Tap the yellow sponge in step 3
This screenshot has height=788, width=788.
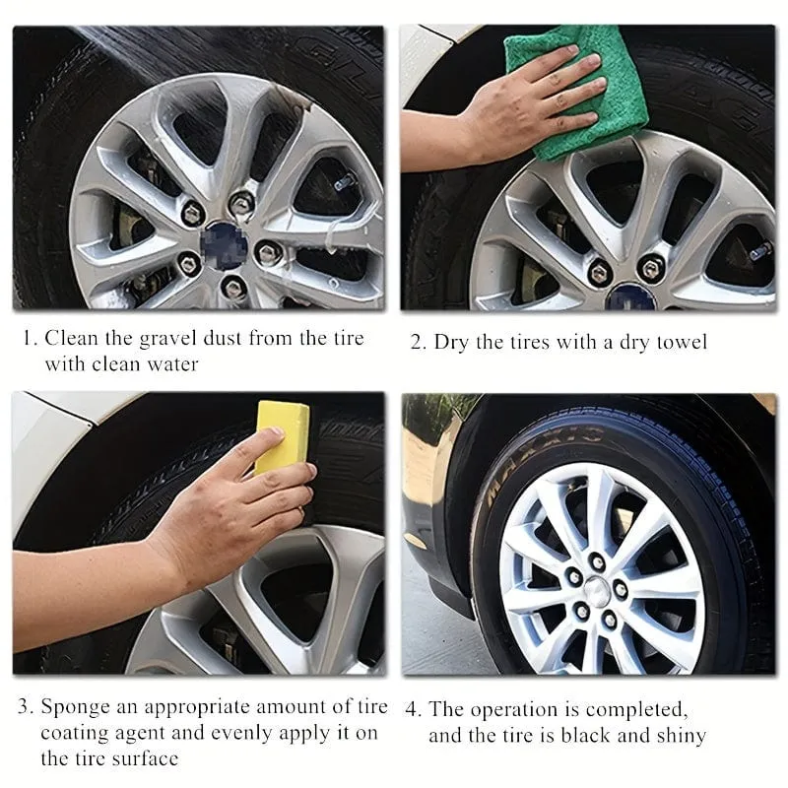point(282,436)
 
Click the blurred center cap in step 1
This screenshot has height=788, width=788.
point(225,244)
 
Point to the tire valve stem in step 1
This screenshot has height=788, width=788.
point(346,181)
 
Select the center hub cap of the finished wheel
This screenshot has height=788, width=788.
point(597,587)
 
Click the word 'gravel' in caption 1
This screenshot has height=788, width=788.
point(166,338)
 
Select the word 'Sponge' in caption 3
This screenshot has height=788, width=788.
point(76,707)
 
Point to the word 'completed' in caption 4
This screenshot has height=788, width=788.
point(635,710)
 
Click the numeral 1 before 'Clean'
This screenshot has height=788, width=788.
point(29,338)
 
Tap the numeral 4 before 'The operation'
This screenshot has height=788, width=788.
point(412,710)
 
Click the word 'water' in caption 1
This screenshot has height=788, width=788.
point(170,363)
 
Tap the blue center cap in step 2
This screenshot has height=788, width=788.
point(630,297)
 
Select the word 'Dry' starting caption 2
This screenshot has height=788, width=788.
point(451,343)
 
